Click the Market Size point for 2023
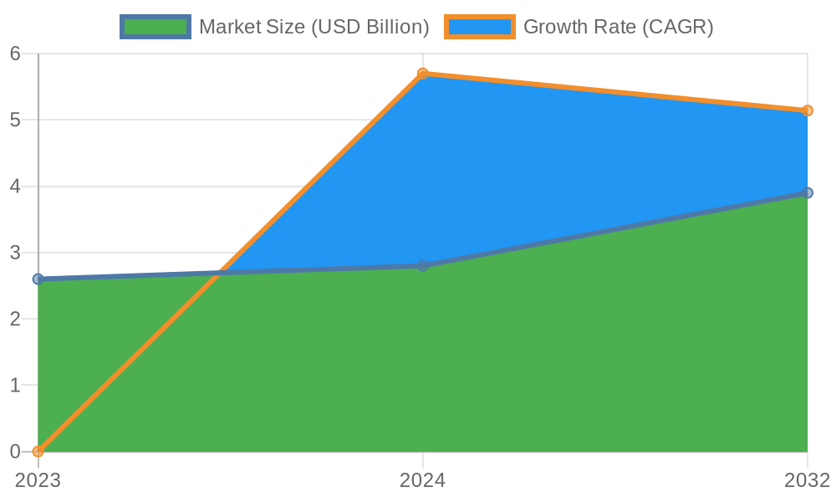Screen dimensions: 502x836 [38, 279]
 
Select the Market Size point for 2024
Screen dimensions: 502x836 [422, 265]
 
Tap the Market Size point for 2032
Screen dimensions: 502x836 [808, 192]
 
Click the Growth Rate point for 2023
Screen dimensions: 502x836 [38, 452]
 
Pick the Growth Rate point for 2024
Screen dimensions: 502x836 [422, 74]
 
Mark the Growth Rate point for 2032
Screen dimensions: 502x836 [808, 110]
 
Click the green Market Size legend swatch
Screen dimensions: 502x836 [155, 27]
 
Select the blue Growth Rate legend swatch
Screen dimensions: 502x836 [480, 27]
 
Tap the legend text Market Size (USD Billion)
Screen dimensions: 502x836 [313, 27]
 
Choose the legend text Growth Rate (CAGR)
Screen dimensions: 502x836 [618, 27]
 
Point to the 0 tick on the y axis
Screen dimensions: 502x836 [15, 452]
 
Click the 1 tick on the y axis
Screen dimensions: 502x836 [15, 386]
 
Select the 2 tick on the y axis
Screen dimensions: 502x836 [15, 320]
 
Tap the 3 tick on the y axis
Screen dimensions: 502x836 [15, 253]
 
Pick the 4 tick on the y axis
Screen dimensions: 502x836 [15, 187]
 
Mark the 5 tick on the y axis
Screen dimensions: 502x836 [15, 120]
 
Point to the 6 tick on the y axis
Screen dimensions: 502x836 [15, 54]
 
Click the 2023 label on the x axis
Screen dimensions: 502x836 [38, 480]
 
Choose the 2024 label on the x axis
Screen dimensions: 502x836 [422, 480]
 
